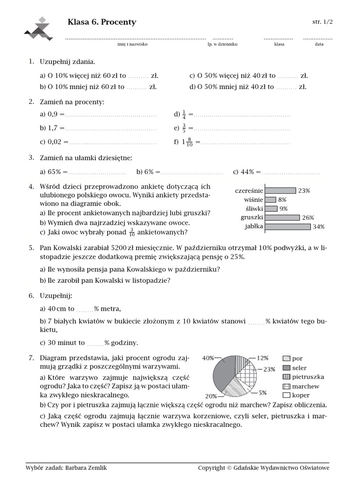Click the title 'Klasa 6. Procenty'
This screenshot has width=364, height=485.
click(x=102, y=22)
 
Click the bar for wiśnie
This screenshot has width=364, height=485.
click(x=271, y=200)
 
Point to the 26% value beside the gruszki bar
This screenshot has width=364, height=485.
click(x=308, y=218)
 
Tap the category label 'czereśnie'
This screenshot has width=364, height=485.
click(x=249, y=191)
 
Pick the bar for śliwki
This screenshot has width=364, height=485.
click(x=271, y=209)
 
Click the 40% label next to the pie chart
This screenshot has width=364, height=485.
click(x=208, y=358)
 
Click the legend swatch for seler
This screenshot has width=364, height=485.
click(x=286, y=368)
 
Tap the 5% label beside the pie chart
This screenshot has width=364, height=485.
click(x=263, y=393)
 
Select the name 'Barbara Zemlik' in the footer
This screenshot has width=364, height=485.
click(x=90, y=468)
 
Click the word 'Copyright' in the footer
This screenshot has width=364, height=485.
click(x=211, y=468)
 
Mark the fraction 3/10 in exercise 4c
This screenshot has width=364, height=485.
click(x=131, y=232)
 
